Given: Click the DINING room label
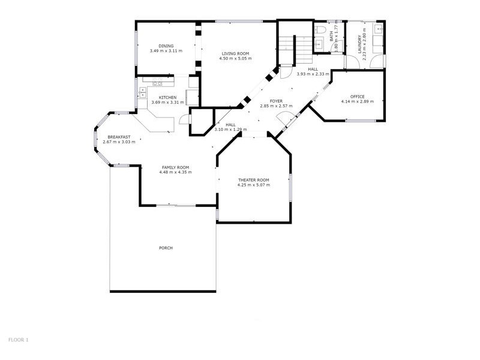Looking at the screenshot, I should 166,46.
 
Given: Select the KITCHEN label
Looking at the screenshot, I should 167,97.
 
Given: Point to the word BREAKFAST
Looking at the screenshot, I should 119,137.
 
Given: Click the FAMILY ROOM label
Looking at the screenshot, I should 175,167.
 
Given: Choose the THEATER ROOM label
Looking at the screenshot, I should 253,180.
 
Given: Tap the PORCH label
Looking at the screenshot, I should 166,248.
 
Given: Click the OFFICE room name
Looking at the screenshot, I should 357,97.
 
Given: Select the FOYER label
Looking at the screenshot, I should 276,101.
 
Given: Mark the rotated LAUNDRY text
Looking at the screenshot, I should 360,45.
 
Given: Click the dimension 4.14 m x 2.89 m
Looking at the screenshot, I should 357,101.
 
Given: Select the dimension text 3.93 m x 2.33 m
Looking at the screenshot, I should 313,74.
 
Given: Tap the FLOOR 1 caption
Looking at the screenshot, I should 19,340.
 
